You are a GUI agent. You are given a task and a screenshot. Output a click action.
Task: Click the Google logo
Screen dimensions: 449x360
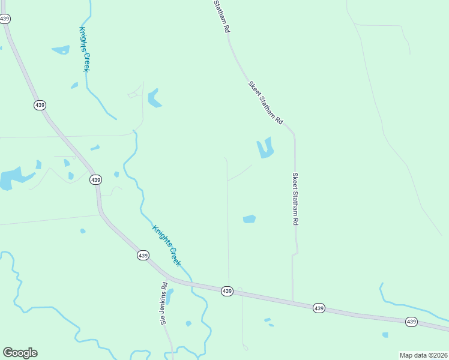coord(20,353)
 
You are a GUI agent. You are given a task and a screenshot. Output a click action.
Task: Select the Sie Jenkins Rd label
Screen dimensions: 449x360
coord(163,304)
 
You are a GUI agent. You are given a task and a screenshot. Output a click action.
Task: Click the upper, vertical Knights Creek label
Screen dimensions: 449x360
coord(84,49)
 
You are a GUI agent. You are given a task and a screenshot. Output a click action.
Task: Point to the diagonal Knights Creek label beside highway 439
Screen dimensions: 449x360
coord(166,245)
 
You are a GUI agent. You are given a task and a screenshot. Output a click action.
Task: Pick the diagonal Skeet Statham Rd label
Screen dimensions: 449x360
coord(265,103)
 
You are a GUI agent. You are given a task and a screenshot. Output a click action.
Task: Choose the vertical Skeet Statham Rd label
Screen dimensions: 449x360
coord(295,199)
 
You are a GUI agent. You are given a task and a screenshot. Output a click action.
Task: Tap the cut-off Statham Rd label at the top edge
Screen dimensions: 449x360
coord(221,16)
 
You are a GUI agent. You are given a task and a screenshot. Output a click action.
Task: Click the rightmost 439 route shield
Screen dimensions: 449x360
coord(411,322)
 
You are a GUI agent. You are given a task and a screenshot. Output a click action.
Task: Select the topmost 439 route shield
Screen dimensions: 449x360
coord(5,19)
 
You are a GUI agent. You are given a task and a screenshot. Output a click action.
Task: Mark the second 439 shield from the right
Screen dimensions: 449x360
coord(319,308)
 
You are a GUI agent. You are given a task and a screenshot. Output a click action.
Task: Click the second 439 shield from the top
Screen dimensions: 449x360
coord(40,105)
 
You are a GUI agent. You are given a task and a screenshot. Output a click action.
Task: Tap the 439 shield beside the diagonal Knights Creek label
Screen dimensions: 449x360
coord(142,256)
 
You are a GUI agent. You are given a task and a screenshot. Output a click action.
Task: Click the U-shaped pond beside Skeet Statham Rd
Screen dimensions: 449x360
coord(265,148)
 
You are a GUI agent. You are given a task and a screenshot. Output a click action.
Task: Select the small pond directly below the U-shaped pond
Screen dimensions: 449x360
coord(249,219)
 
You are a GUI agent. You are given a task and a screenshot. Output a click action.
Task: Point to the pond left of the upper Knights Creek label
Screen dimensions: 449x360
coord(61,50)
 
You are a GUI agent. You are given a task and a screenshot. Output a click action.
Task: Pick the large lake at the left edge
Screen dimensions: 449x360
coord(11,178)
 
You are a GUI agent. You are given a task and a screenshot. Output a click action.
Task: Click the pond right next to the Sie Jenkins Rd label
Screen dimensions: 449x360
coord(170,296)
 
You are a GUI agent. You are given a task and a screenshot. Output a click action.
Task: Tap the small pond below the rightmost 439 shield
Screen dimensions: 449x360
coord(385,335)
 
